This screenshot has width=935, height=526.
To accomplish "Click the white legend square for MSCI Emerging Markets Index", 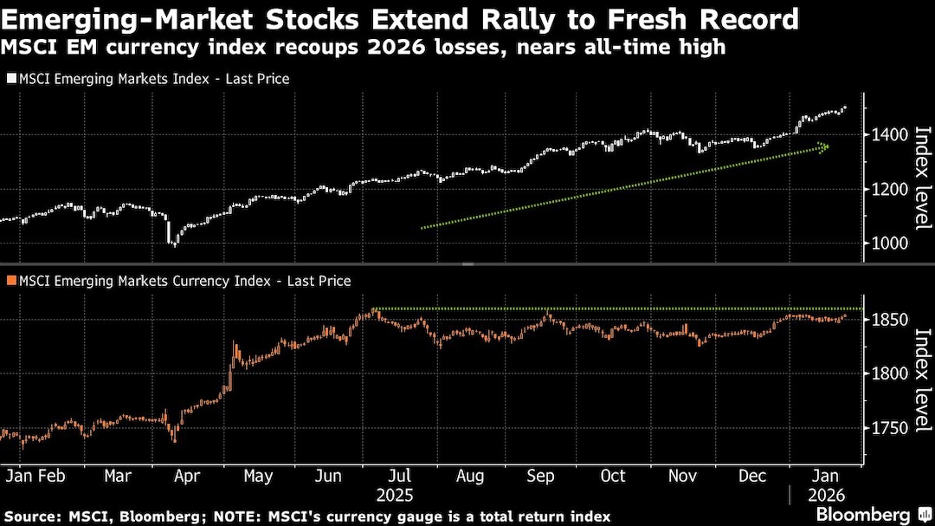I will [x=10, y=79].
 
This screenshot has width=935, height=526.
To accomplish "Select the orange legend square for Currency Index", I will [x=10, y=281].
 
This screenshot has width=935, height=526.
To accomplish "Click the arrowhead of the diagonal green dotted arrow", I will [x=824, y=147].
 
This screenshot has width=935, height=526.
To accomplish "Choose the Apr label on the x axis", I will [x=188, y=476].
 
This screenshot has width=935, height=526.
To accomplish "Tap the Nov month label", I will [x=684, y=476].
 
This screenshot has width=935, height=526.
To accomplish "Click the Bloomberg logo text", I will [x=862, y=515].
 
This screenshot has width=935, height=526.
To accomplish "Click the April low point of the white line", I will [x=174, y=244].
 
